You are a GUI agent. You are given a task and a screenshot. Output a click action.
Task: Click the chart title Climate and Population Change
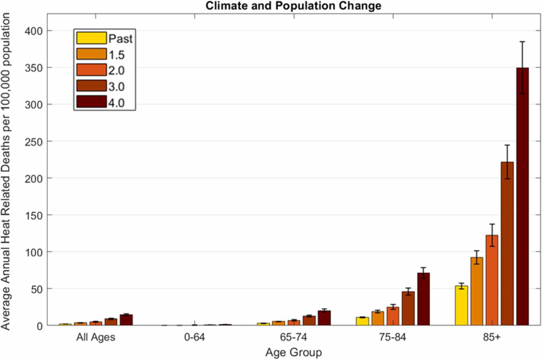[293, 6]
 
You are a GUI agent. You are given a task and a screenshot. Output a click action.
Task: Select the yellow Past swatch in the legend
[91, 38]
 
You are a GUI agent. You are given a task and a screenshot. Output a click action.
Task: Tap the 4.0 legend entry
[116, 103]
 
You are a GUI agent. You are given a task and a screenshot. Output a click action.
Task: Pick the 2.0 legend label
[116, 70]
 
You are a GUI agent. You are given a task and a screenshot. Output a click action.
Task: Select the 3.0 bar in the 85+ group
[507, 243]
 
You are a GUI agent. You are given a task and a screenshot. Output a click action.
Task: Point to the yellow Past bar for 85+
[461, 306]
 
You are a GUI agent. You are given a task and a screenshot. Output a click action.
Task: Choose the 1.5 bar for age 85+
[477, 291]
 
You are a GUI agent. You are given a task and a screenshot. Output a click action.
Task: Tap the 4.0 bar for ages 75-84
[423, 299]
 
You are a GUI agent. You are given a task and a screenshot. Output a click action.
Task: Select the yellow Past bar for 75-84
[362, 321]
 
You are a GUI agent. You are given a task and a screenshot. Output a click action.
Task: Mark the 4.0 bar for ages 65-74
[324, 318]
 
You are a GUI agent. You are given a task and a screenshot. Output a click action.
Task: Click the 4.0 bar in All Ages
[126, 320]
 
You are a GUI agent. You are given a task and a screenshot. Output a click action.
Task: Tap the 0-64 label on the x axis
[194, 337]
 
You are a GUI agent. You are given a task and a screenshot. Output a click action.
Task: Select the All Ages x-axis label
[95, 337]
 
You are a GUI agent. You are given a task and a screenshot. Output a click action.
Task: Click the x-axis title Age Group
[293, 352]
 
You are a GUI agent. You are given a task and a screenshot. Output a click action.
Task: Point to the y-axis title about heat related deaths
[6, 171]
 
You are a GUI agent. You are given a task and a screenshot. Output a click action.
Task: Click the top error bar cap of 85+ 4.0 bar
[523, 42]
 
